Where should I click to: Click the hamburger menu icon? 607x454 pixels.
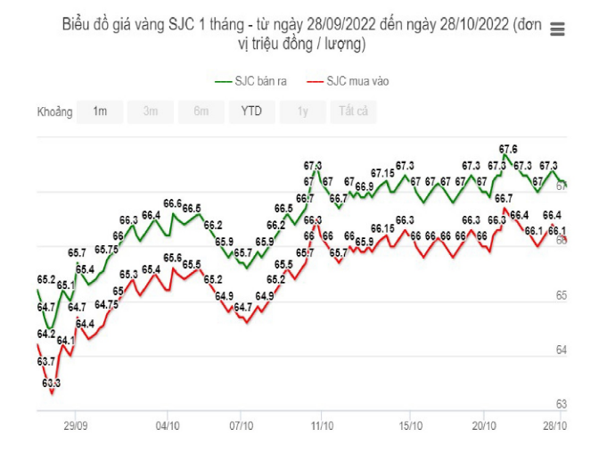click(x=558, y=29)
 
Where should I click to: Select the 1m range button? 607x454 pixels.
click(x=100, y=111)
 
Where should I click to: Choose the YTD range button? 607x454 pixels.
click(x=251, y=111)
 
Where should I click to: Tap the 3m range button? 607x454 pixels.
click(x=151, y=111)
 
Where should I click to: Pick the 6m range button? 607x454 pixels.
click(x=201, y=111)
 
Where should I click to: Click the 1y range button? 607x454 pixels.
click(x=303, y=111)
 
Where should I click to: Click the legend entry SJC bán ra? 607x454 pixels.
click(x=251, y=81)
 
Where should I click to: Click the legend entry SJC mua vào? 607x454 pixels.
click(x=348, y=81)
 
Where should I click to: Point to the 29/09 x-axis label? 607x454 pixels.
click(x=75, y=425)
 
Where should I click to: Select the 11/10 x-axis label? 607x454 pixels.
click(x=321, y=425)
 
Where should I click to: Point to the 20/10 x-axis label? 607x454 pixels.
click(x=484, y=425)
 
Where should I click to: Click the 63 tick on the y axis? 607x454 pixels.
click(x=562, y=403)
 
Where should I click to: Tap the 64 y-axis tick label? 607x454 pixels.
click(x=562, y=350)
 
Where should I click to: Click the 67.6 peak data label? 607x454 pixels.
click(x=508, y=149)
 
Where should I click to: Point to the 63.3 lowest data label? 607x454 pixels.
click(x=51, y=383)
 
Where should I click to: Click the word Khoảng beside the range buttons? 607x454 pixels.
click(x=54, y=112)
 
